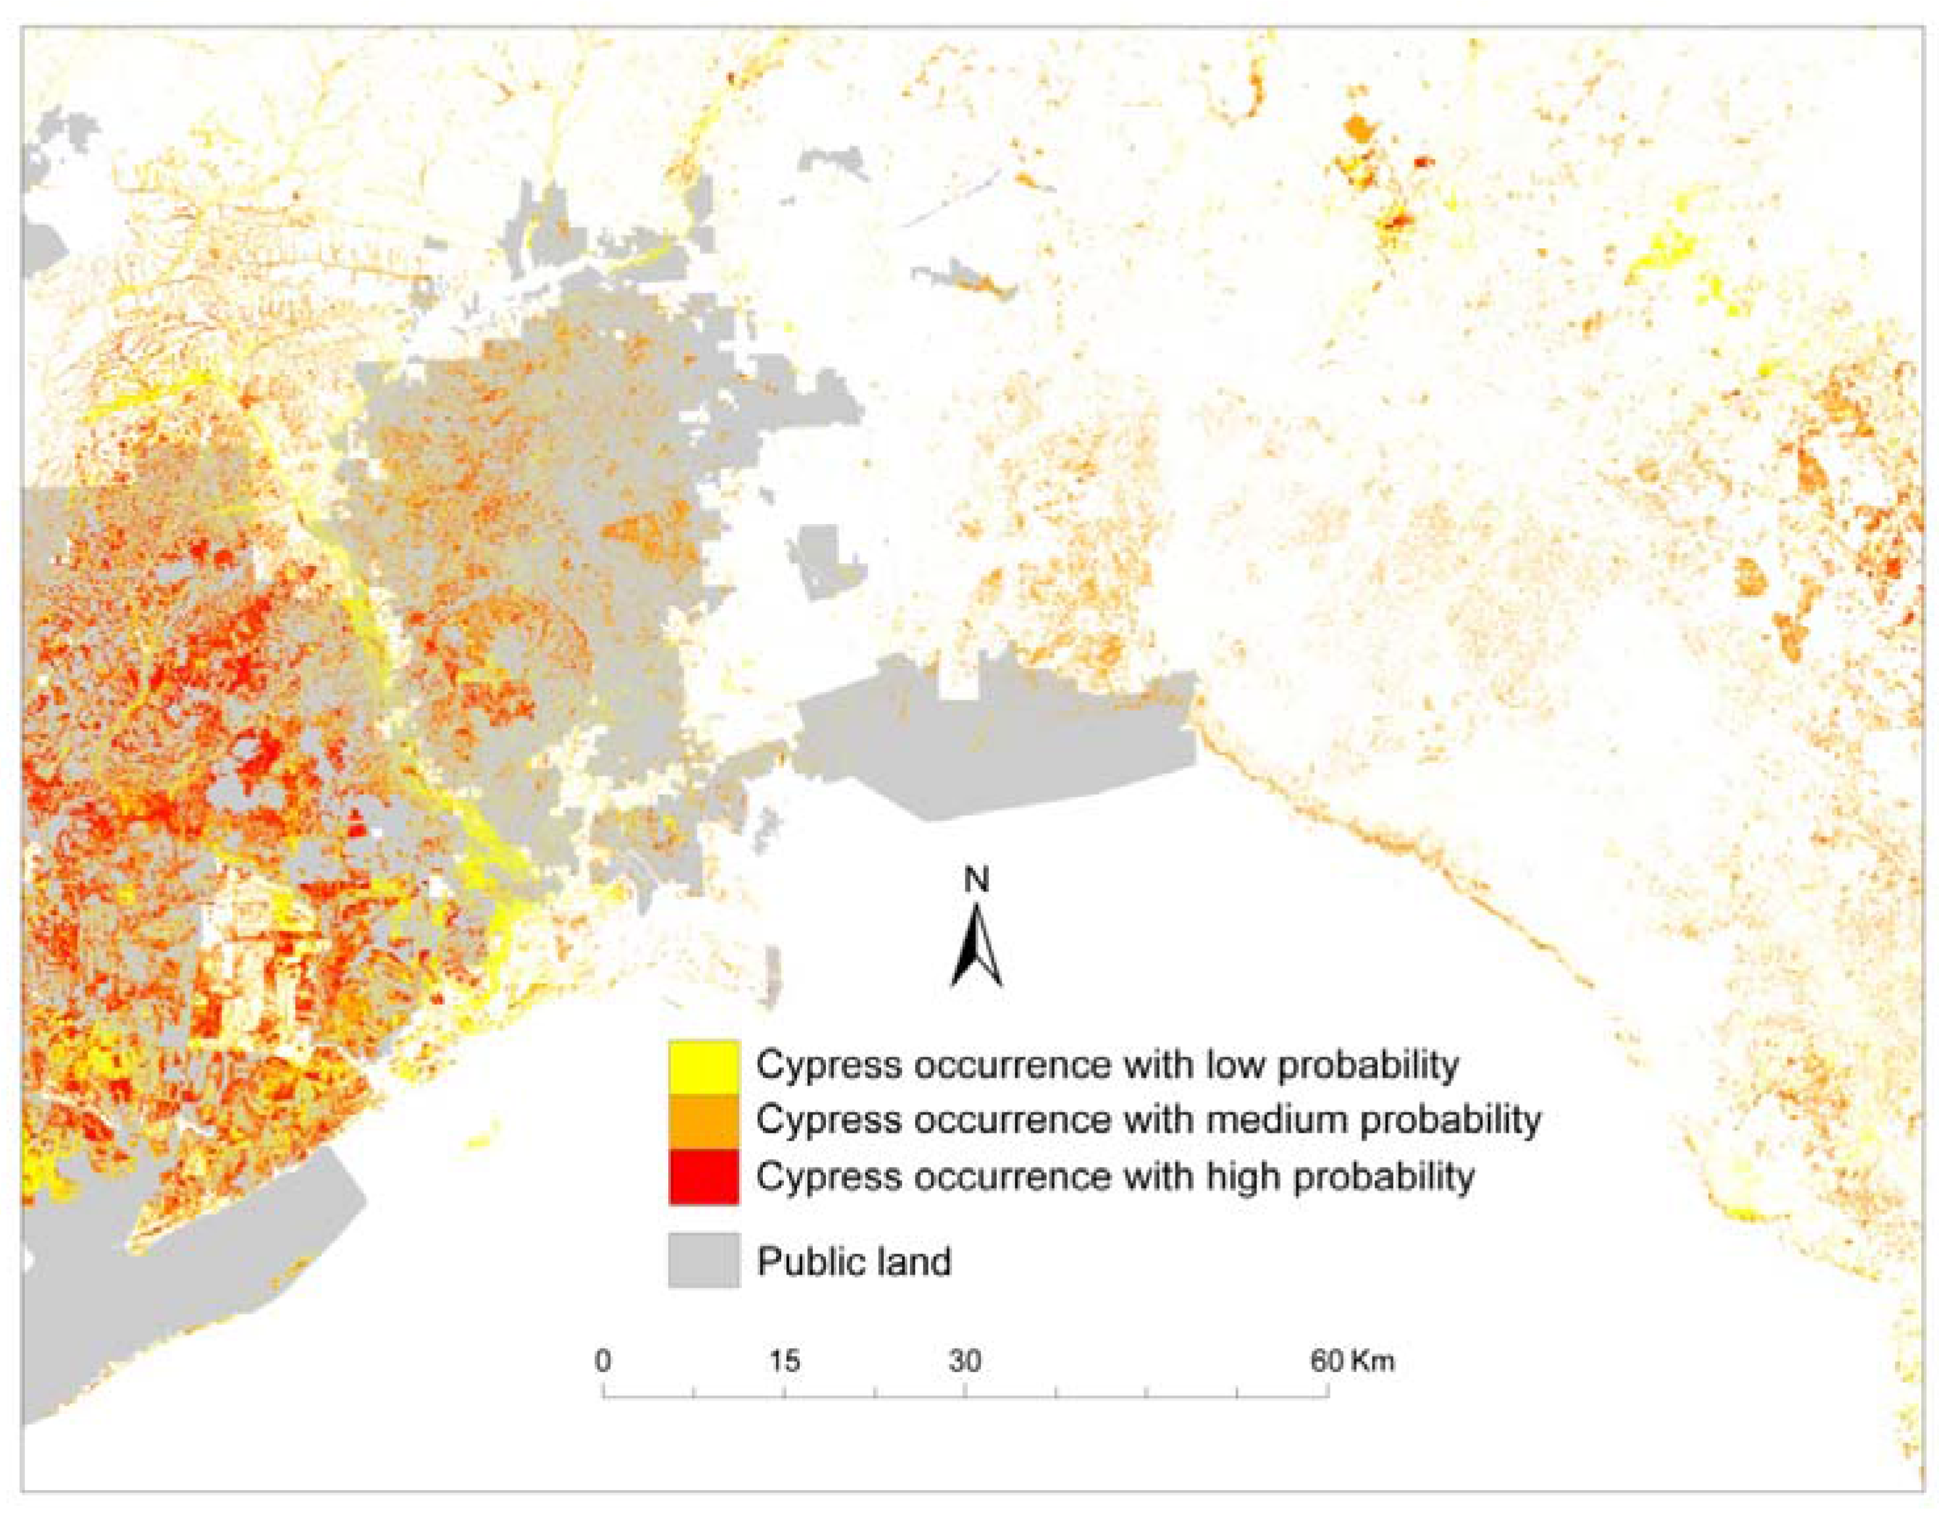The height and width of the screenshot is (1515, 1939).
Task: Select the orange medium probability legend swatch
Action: pos(703,1121)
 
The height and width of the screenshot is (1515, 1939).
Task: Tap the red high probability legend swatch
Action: pos(703,1177)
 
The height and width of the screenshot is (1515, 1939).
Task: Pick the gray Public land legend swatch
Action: pos(703,1258)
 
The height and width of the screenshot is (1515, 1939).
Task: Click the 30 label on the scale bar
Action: pos(965,1361)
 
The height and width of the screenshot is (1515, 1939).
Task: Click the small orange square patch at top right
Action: pos(1358,128)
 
